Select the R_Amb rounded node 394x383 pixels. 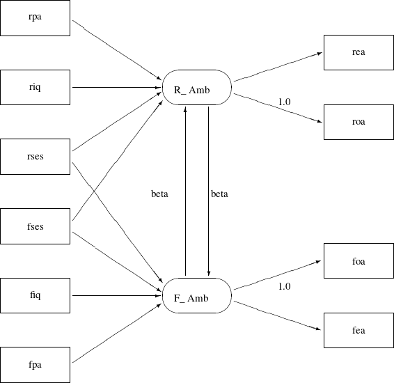pos(196,88)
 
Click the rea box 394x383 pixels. pos(358,52)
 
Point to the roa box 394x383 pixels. pos(358,121)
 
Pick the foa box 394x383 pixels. pos(358,262)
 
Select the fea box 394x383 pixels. pos(358,330)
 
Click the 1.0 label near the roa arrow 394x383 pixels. pos(284,102)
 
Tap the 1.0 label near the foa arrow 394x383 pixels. pos(284,286)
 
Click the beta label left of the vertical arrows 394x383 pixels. pos(159,194)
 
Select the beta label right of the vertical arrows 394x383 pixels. pos(219,194)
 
